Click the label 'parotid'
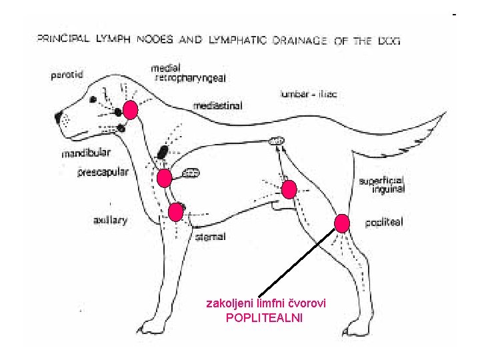click(x=67, y=75)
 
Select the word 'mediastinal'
click(x=217, y=105)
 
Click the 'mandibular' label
click(x=86, y=153)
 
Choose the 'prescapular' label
click(x=103, y=172)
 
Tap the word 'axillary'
click(x=110, y=219)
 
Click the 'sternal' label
click(x=210, y=237)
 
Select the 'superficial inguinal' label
click(x=381, y=185)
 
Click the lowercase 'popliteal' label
click(x=385, y=222)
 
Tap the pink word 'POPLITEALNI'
click(x=264, y=318)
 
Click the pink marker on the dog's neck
click(x=131, y=109)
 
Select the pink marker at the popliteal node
click(x=342, y=223)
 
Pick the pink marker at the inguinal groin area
click(x=289, y=190)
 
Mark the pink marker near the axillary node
click(x=175, y=212)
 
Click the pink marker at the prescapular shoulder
click(x=164, y=178)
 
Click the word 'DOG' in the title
click(x=388, y=40)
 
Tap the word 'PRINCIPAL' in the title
click(x=63, y=39)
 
